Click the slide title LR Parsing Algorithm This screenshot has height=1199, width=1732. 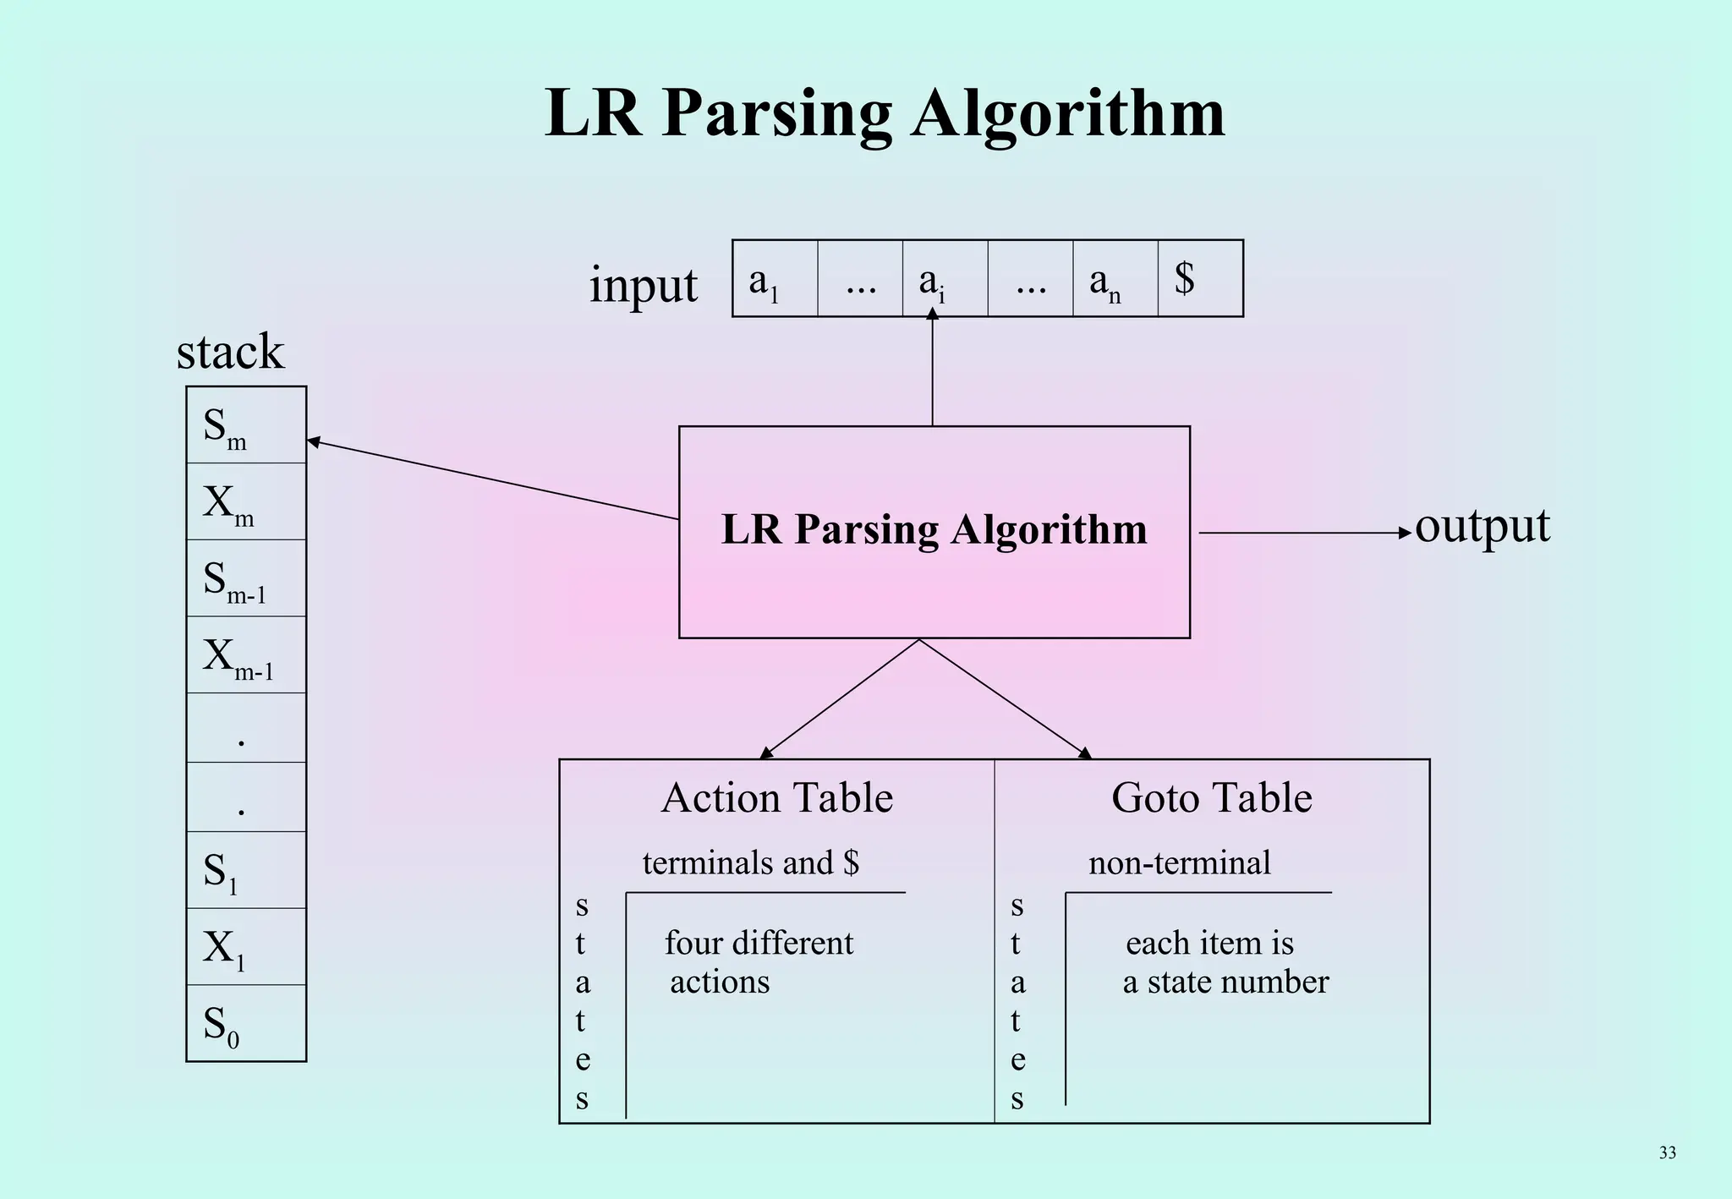click(x=885, y=112)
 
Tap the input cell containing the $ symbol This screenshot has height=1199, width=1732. click(x=1199, y=278)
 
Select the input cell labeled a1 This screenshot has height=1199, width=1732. click(x=774, y=278)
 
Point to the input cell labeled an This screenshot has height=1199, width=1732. click(x=1115, y=278)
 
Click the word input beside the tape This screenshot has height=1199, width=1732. click(x=643, y=285)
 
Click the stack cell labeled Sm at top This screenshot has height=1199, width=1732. click(x=245, y=425)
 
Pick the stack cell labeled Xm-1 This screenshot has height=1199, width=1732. click(x=245, y=655)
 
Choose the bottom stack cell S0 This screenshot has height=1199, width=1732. click(x=245, y=1023)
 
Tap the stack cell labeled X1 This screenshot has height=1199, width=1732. click(x=245, y=947)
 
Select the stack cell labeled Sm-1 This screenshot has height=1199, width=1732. click(x=245, y=578)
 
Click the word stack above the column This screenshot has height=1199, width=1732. click(x=230, y=351)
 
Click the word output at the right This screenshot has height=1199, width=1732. click(x=1482, y=526)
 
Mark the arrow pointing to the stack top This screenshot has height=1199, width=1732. click(x=491, y=479)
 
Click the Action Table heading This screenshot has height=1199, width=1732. click(x=776, y=797)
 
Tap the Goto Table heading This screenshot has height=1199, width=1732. click(x=1211, y=797)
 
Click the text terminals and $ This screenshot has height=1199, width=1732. click(x=750, y=863)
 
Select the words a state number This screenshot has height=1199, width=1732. click(x=1225, y=983)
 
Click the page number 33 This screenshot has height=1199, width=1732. click(x=1667, y=1152)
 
